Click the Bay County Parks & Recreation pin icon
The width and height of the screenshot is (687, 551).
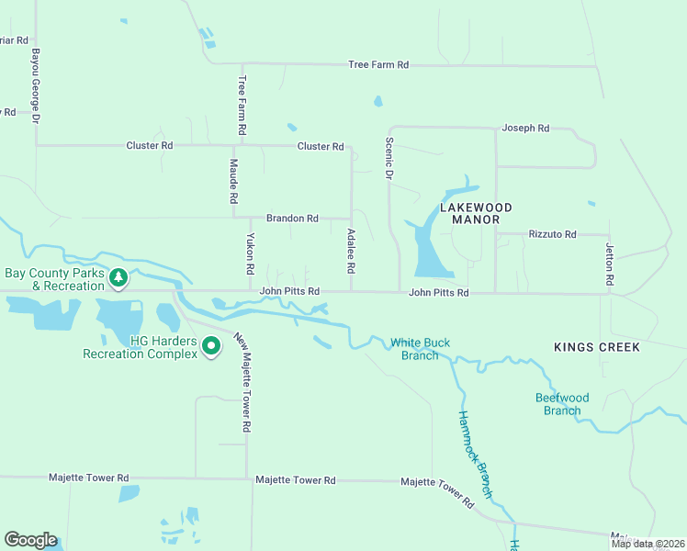[118, 276]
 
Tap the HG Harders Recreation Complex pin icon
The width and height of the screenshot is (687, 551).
[210, 346]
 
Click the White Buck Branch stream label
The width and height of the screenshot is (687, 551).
[420, 349]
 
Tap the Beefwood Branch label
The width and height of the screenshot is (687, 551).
[561, 404]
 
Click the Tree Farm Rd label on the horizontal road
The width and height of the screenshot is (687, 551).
[377, 65]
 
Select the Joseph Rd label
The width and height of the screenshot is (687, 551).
[524, 129]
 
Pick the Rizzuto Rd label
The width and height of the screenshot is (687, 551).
[552, 235]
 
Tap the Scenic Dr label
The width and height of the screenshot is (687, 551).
[389, 158]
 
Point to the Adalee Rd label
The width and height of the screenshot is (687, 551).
[350, 252]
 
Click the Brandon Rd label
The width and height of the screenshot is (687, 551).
[292, 219]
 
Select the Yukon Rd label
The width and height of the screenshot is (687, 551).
[249, 254]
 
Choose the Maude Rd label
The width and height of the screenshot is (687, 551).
[233, 181]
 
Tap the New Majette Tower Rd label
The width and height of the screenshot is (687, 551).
[242, 382]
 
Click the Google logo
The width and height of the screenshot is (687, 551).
[30, 540]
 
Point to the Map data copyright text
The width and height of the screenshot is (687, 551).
[648, 544]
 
